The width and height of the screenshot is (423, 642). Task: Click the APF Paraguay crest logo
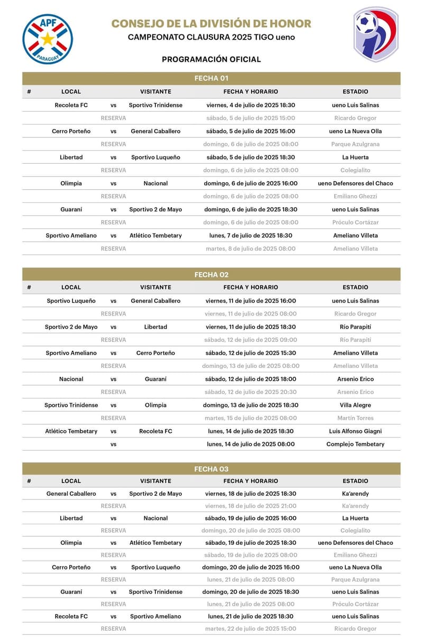pos(48,39)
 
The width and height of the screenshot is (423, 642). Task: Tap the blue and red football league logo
pos(375,35)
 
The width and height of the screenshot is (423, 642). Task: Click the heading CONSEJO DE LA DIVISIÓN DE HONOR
pos(211,24)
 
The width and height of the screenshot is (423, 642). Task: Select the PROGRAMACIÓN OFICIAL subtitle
pos(211,59)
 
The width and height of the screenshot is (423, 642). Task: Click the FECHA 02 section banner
pos(211,275)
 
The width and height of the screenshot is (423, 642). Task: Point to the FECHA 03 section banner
pos(211,469)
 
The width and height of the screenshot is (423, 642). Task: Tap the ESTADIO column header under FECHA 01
pos(355,92)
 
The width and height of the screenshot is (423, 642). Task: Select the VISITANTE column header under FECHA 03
pos(155,481)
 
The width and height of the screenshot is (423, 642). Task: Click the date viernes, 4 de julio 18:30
pos(251,105)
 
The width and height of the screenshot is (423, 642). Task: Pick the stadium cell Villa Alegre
pos(355,405)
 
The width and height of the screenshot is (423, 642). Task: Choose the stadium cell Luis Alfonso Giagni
pos(355,431)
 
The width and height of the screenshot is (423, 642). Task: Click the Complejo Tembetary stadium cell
pos(355,444)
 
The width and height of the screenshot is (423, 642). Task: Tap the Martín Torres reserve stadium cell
pos(355,418)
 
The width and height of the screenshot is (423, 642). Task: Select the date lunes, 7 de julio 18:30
pos(251,236)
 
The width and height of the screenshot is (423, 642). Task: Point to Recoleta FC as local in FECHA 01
pos(71,105)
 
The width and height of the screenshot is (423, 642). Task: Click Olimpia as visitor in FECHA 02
pos(155,405)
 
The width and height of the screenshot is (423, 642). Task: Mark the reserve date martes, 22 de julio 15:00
pos(251,629)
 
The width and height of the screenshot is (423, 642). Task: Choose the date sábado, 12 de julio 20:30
pos(251,392)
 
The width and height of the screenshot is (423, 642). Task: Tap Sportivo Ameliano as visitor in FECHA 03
pos(155,616)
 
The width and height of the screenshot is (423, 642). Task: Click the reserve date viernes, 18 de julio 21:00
pos(251,506)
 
